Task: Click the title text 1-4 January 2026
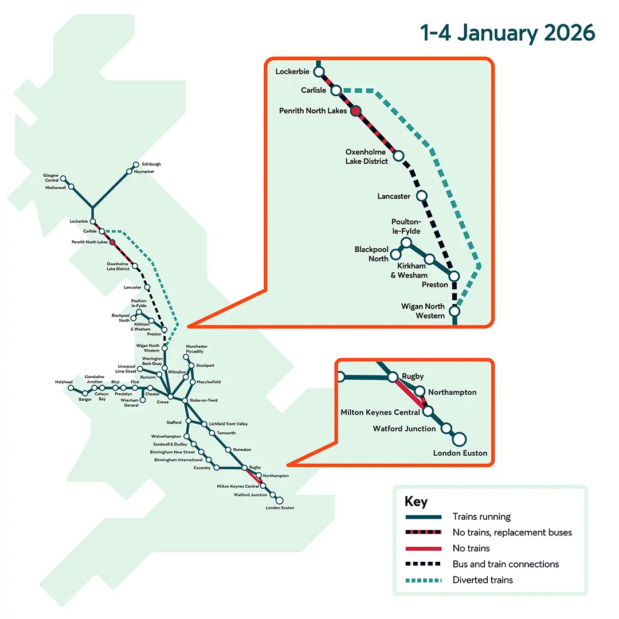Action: pyautogui.click(x=508, y=33)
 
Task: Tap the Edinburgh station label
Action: pyautogui.click(x=151, y=164)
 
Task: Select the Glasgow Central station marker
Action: pyautogui.click(x=64, y=179)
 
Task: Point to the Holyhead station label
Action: pyautogui.click(x=64, y=382)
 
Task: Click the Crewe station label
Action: pyautogui.click(x=163, y=403)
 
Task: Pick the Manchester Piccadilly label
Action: pyautogui.click(x=197, y=349)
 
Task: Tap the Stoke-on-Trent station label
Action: pyautogui.click(x=203, y=400)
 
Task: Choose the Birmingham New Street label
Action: pyautogui.click(x=173, y=452)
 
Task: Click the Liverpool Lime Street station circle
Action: pyautogui.click(x=140, y=368)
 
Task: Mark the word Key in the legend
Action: pyautogui.click(x=416, y=502)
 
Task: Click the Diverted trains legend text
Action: pyautogui.click(x=483, y=580)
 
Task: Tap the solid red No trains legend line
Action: pyautogui.click(x=422, y=549)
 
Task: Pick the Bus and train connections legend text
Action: pyautogui.click(x=506, y=564)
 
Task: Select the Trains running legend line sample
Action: pyautogui.click(x=422, y=517)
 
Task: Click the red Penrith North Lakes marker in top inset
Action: pyautogui.click(x=355, y=111)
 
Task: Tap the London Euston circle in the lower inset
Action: pyautogui.click(x=459, y=440)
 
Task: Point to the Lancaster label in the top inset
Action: pyautogui.click(x=394, y=197)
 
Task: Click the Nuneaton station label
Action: pyautogui.click(x=242, y=449)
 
